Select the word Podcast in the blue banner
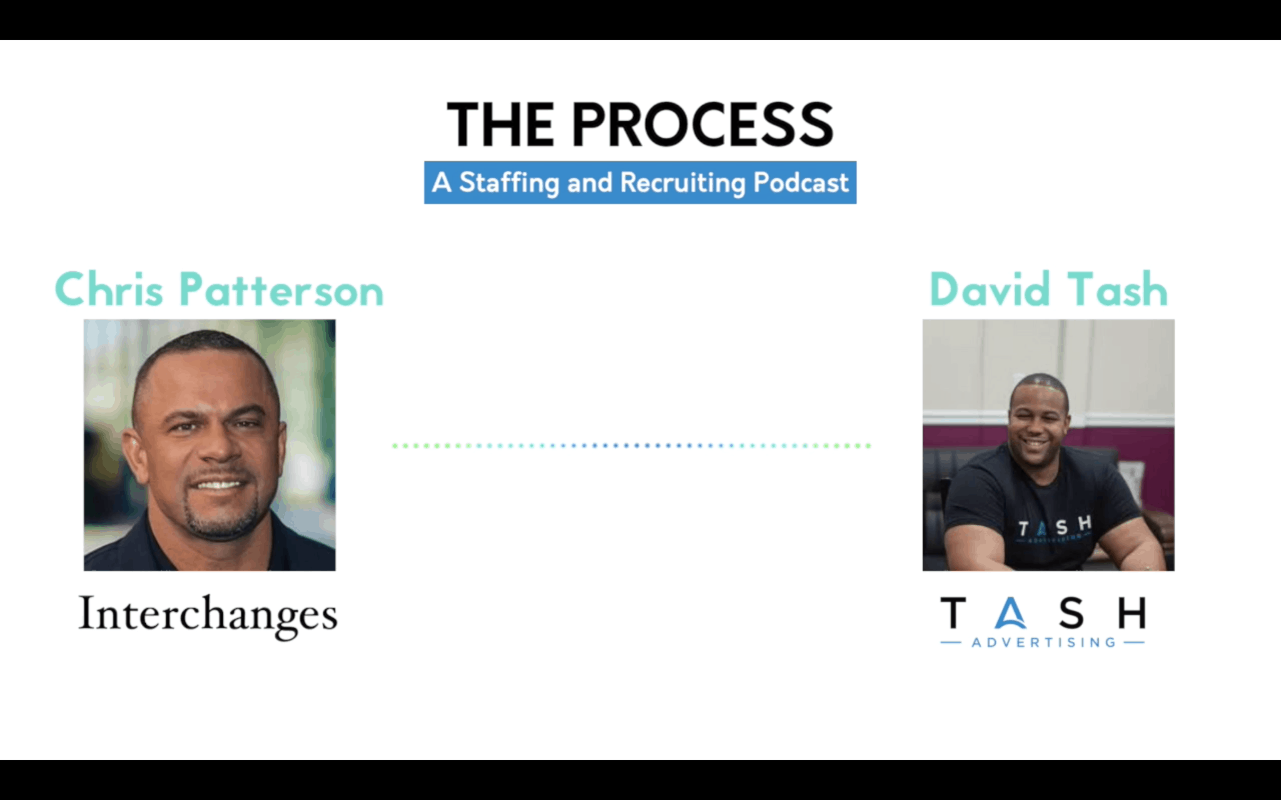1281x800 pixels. click(x=801, y=182)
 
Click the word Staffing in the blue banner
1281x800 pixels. click(x=509, y=183)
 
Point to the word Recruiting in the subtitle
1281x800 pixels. click(x=683, y=183)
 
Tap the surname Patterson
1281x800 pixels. click(x=281, y=290)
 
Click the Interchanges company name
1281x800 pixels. click(x=208, y=616)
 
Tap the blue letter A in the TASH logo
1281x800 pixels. click(x=1010, y=613)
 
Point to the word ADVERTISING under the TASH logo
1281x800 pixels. click(x=1043, y=642)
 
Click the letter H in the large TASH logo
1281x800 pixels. click(x=1132, y=612)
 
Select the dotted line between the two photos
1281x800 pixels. click(x=632, y=446)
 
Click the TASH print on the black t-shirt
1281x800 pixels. click(x=1055, y=527)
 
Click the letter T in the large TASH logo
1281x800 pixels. click(x=953, y=612)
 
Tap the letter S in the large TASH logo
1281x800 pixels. click(x=1071, y=612)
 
